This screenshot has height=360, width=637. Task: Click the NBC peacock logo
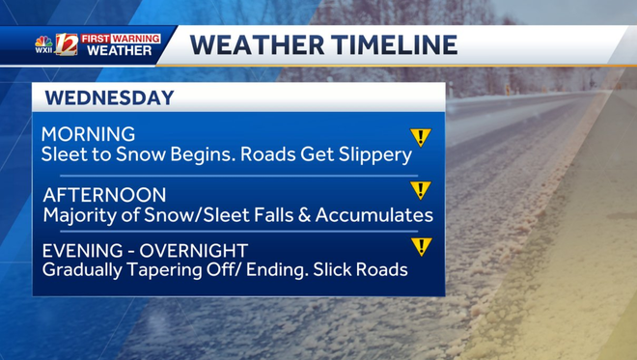pyautogui.click(x=42, y=41)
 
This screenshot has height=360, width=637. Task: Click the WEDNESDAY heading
pyautogui.click(x=109, y=97)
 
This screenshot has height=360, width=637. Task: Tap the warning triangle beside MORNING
pyautogui.click(x=421, y=137)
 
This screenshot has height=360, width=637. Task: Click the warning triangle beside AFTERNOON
pyautogui.click(x=421, y=189)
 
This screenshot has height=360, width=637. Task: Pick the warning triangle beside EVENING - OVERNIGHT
pyautogui.click(x=421, y=246)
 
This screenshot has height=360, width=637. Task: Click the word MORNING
pyautogui.click(x=88, y=134)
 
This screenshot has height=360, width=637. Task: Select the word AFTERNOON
pyautogui.click(x=104, y=194)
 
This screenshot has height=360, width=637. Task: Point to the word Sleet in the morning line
pyautogui.click(x=64, y=154)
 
